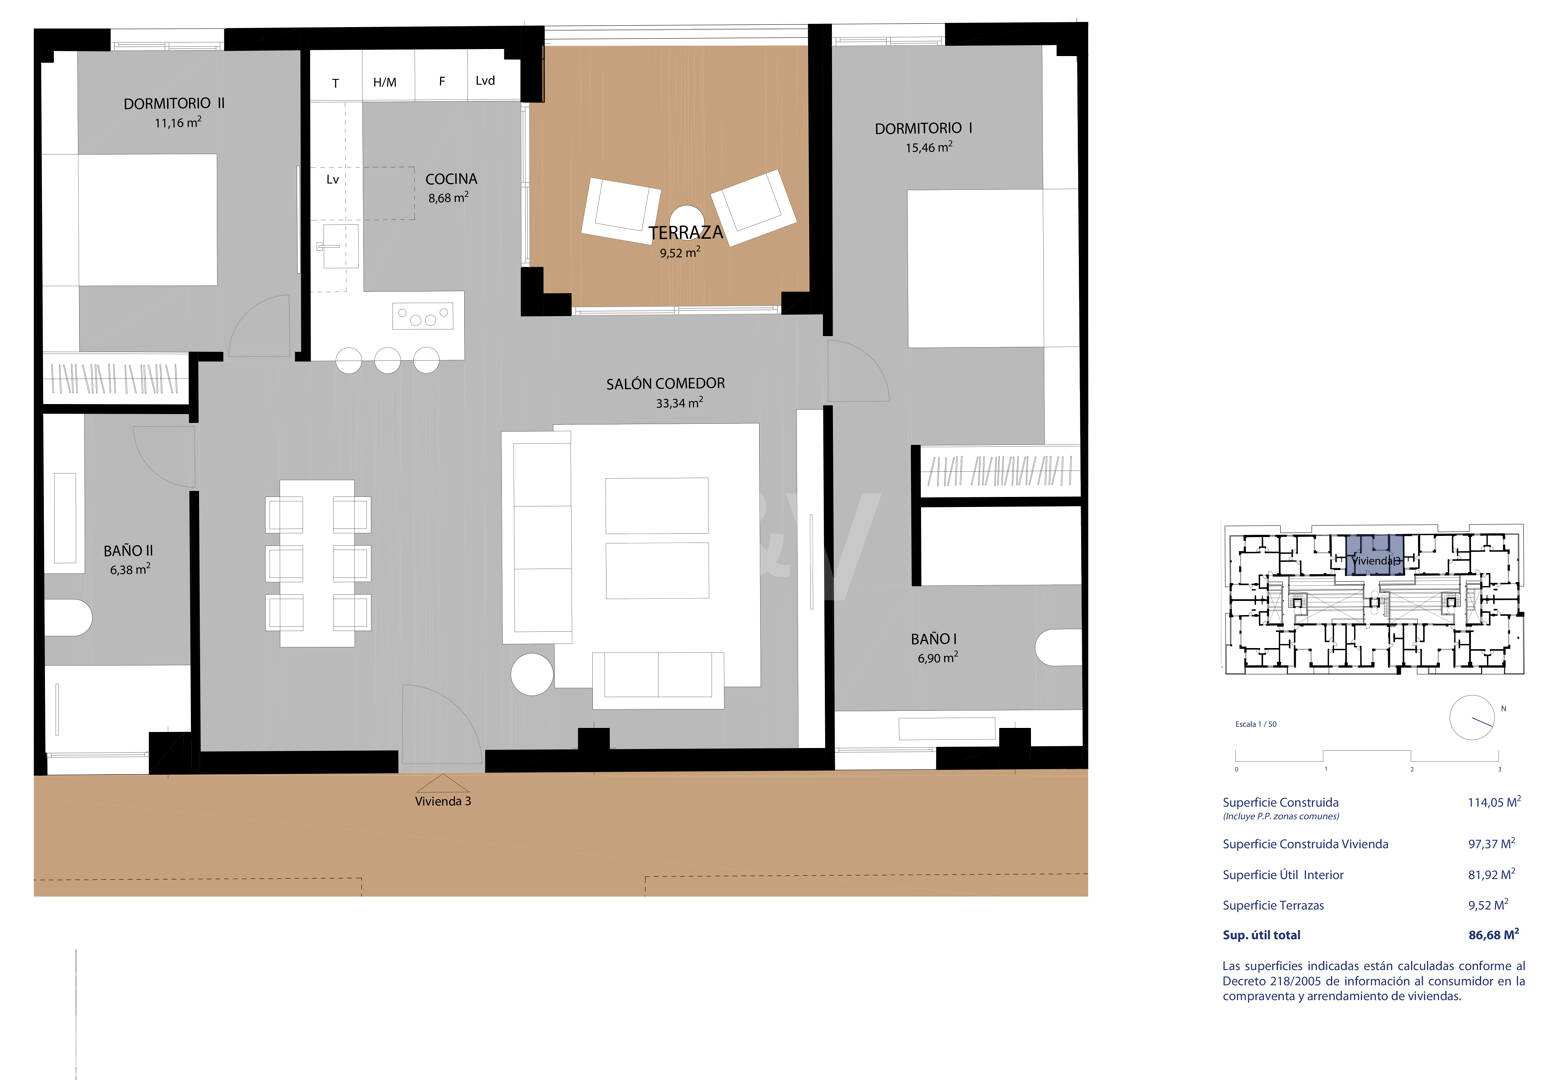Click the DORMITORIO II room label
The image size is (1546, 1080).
tap(174, 104)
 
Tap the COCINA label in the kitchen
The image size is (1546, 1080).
tap(451, 179)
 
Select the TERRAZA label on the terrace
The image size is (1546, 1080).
tap(685, 233)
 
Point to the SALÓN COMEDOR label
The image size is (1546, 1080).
tap(665, 384)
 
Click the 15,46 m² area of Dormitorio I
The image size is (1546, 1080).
tap(929, 147)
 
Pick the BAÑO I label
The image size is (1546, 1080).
tap(934, 640)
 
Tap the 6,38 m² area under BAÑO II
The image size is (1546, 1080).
tap(130, 569)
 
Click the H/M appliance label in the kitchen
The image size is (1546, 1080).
tap(384, 83)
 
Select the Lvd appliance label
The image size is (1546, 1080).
tap(485, 81)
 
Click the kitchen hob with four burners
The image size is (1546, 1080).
tap(423, 317)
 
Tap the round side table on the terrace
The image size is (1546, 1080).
tap(686, 219)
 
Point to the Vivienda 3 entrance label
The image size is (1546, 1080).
tap(443, 801)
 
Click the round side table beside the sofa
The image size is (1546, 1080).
tap(532, 674)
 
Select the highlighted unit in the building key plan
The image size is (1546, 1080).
tap(1376, 555)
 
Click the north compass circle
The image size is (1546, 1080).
tap(1471, 717)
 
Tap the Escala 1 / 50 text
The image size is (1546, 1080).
tap(1256, 724)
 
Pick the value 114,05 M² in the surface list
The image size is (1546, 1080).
tap(1494, 802)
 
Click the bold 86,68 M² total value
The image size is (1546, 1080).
tap(1494, 935)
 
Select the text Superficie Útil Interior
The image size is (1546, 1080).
tap(1283, 875)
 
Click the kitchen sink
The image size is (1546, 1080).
tap(337, 246)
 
